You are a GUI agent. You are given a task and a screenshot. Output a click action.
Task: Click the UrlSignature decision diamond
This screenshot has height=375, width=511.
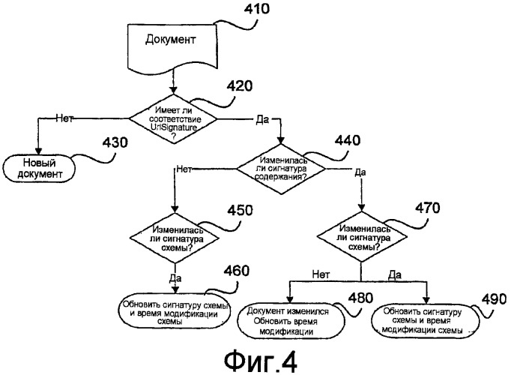[x=173, y=117]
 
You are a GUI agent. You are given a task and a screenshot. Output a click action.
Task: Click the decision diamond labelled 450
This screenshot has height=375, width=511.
[x=174, y=237]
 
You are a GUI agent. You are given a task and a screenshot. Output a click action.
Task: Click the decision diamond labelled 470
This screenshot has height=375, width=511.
[x=362, y=237]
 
